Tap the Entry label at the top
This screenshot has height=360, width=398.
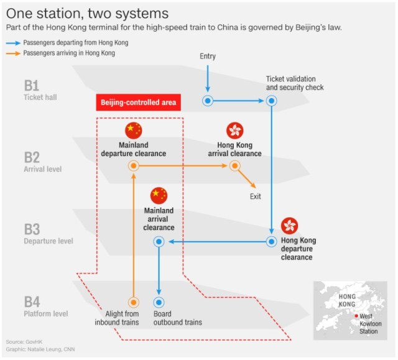pyautogui.click(x=208, y=57)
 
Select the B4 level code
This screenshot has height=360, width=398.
pyautogui.click(x=32, y=302)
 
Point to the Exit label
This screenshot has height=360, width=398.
pyautogui.click(x=255, y=196)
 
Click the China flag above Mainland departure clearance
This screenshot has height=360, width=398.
pyautogui.click(x=134, y=131)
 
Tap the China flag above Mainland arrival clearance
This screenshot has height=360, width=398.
pyautogui.click(x=159, y=195)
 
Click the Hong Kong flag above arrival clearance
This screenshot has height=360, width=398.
pyautogui.click(x=234, y=131)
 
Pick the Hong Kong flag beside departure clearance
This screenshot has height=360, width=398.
pyautogui.click(x=289, y=226)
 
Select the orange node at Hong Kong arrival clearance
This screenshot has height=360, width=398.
pyautogui.click(x=234, y=165)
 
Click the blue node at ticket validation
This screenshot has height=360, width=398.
pyautogui.click(x=271, y=101)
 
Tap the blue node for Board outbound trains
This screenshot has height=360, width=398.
pyautogui.click(x=159, y=302)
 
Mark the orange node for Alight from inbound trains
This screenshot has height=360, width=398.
pyautogui.click(x=133, y=302)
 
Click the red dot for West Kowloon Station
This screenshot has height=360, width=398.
pyautogui.click(x=356, y=316)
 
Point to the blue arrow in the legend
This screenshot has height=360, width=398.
pyautogui.click(x=12, y=42)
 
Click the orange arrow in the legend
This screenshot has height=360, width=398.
pyautogui.click(x=12, y=53)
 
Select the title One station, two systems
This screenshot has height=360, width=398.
pyautogui.click(x=87, y=12)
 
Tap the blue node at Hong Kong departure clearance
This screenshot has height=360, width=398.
pyautogui.click(x=271, y=241)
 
